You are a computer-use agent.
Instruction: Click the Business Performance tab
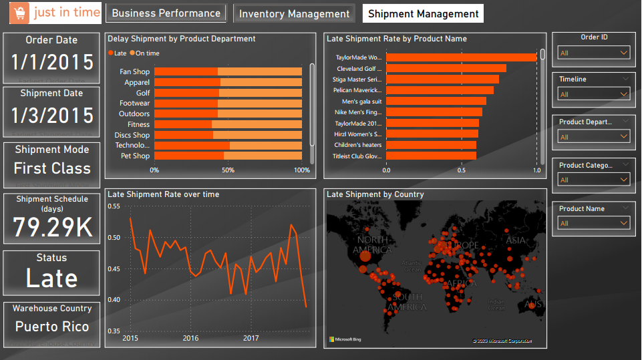(166, 13)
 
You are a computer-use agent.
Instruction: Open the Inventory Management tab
(294, 13)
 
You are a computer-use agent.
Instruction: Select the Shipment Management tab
(424, 13)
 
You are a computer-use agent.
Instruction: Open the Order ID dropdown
(594, 53)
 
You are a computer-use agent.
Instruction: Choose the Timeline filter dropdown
(594, 94)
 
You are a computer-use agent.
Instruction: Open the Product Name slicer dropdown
(594, 223)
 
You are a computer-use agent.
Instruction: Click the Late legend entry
(118, 53)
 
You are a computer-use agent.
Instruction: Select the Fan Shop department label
(134, 71)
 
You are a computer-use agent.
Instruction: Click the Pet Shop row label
(135, 156)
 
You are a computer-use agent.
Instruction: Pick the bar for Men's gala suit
(436, 101)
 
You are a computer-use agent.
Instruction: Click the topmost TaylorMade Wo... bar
(461, 57)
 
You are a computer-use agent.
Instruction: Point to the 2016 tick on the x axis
(190, 338)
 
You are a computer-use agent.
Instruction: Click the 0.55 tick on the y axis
(114, 207)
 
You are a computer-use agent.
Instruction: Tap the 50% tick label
(228, 170)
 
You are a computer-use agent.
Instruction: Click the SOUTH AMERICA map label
(407, 301)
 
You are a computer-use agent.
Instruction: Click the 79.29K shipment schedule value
(52, 228)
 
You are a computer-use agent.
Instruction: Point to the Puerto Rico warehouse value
(52, 327)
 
